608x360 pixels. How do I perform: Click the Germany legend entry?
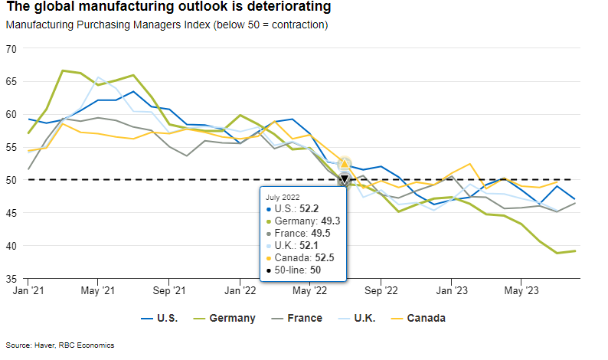232,318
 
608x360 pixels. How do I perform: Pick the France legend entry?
304,318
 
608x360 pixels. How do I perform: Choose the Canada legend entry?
426,318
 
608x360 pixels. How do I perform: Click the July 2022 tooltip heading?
284,197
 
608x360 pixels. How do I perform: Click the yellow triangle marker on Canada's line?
345,163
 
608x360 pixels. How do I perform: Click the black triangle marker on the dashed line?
345,179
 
